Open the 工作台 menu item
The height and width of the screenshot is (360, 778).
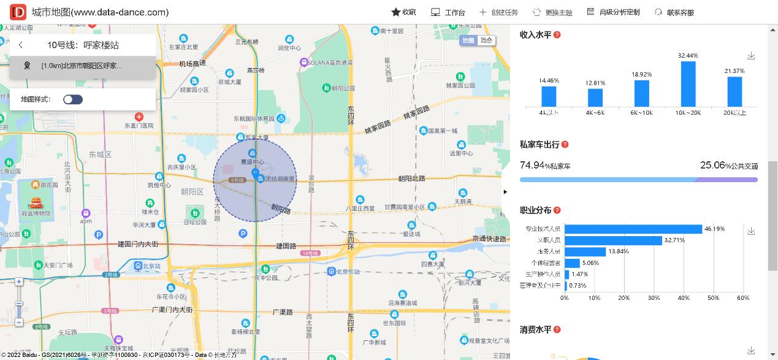click(x=448, y=12)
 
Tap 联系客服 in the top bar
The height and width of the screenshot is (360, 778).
click(x=674, y=12)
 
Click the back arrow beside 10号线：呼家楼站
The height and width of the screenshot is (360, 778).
click(x=21, y=45)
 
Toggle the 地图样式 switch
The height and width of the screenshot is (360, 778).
click(x=73, y=99)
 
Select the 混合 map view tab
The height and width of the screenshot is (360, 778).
click(x=486, y=40)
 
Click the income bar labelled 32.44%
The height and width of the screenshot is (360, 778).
click(x=688, y=84)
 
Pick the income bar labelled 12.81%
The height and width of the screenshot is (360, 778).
click(x=595, y=98)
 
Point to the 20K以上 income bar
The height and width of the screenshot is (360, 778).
click(x=734, y=91)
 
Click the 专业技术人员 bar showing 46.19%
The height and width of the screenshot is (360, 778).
click(x=633, y=229)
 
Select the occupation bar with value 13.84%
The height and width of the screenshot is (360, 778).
click(x=585, y=251)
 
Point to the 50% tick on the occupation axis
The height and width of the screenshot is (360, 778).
click(x=713, y=298)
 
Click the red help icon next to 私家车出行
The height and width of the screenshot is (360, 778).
click(x=565, y=145)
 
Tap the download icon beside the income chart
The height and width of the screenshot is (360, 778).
click(x=751, y=56)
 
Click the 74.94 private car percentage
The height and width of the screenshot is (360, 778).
click(x=533, y=165)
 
